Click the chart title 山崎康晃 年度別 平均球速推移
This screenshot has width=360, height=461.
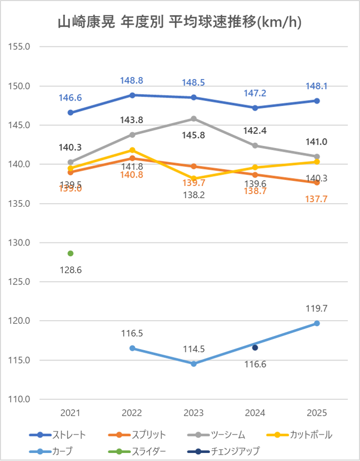(x=180, y=23)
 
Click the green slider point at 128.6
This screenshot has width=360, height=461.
(x=70, y=253)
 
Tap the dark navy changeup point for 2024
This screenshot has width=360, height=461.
(x=255, y=348)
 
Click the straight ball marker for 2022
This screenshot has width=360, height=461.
(x=132, y=95)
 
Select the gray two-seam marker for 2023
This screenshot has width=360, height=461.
(x=194, y=118)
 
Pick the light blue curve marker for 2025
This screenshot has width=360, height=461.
(x=317, y=323)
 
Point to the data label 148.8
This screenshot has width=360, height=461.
(x=132, y=81)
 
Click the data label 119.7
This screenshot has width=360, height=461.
(x=317, y=308)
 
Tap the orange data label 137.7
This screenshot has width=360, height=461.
(x=317, y=199)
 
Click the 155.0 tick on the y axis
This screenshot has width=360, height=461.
(x=20, y=46)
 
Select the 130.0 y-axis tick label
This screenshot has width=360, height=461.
(x=20, y=242)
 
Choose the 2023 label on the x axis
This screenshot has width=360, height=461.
(x=194, y=413)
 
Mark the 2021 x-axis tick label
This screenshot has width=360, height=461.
(x=70, y=413)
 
